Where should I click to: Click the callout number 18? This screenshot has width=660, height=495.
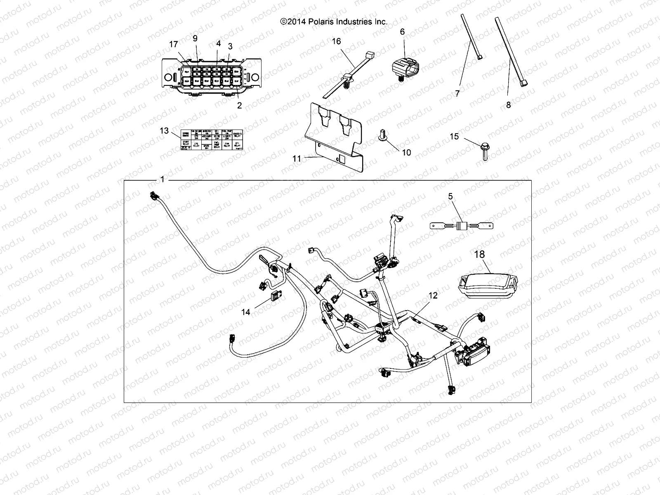pos(479,255)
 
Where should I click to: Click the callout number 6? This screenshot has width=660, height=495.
pos(402,32)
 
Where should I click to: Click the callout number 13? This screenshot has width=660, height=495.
pos(164,130)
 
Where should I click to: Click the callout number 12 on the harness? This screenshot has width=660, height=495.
pos(433,295)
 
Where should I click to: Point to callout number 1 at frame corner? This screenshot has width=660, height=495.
pos(162,179)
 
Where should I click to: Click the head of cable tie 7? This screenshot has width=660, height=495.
pos(480,58)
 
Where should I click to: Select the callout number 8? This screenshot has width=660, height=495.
pos(508,105)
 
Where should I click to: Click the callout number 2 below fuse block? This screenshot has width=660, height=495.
pos(239,105)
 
